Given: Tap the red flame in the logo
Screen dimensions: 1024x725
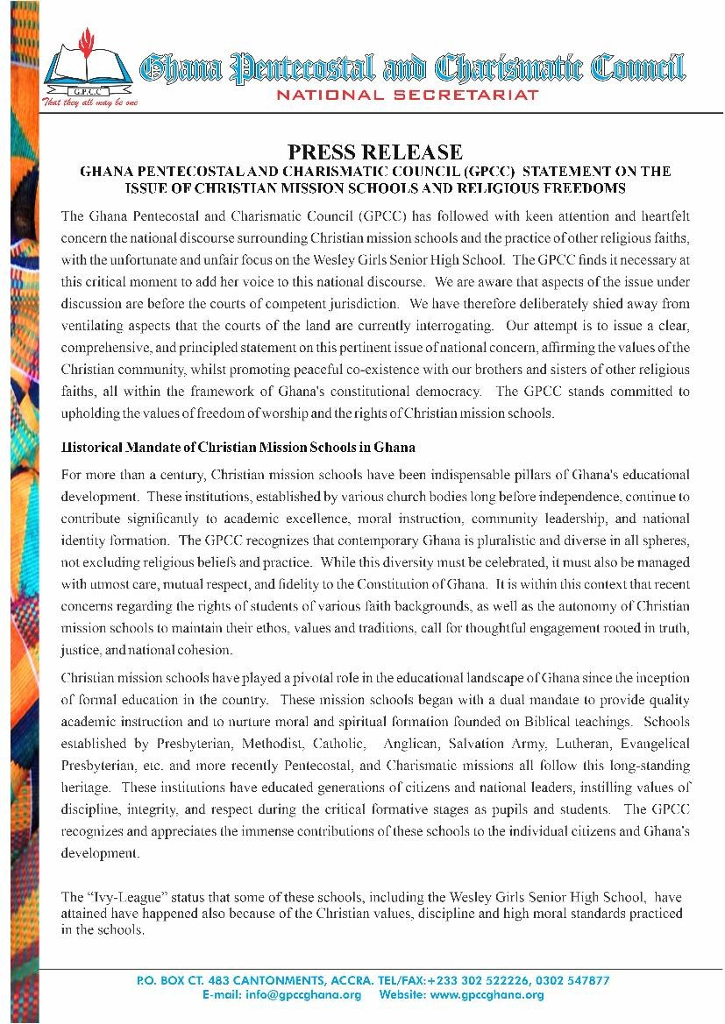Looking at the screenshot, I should pyautogui.click(x=85, y=39).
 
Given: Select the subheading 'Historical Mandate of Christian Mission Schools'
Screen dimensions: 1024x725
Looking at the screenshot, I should pyautogui.click(x=238, y=447).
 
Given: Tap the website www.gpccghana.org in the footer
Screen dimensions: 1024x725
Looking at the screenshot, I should pyautogui.click(x=487, y=995).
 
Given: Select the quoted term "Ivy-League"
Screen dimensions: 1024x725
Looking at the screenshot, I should pyautogui.click(x=113, y=899).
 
